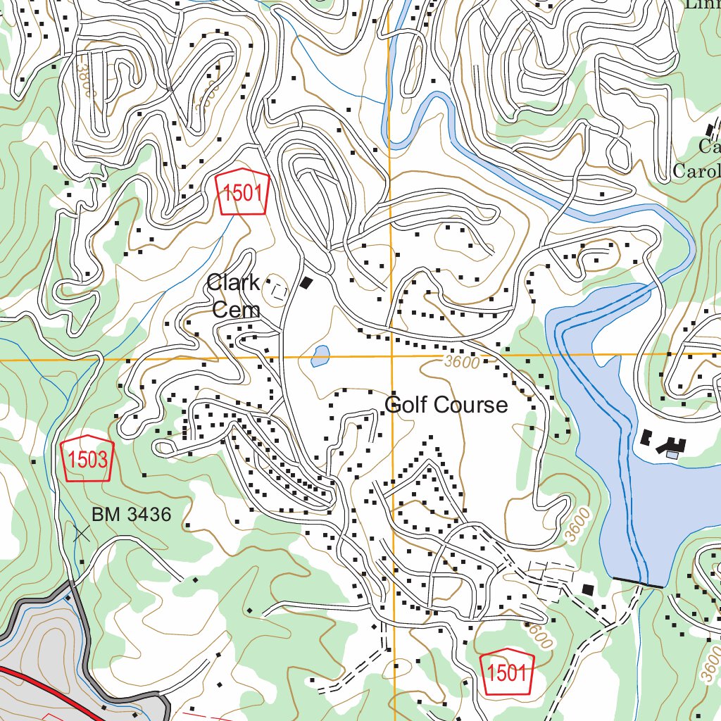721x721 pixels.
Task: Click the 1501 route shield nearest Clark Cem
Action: click(243, 192)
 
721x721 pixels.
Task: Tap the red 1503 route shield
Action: click(87, 459)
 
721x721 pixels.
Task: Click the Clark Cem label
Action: click(233, 296)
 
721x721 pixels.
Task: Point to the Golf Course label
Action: click(446, 405)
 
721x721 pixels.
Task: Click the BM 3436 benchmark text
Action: click(131, 515)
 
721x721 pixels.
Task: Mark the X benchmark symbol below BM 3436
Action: click(82, 533)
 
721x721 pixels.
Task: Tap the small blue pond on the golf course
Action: click(320, 356)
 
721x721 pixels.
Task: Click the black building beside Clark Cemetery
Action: click(306, 283)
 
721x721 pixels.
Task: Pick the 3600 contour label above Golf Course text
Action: click(462, 363)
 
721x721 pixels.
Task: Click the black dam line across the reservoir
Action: click(638, 582)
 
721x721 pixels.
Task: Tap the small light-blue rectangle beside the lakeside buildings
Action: click(672, 456)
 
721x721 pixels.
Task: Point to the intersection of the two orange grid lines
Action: click(391, 356)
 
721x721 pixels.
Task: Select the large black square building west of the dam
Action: click(587, 589)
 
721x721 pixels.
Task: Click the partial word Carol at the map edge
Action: click(697, 171)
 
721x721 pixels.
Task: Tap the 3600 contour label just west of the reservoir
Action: click(577, 525)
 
